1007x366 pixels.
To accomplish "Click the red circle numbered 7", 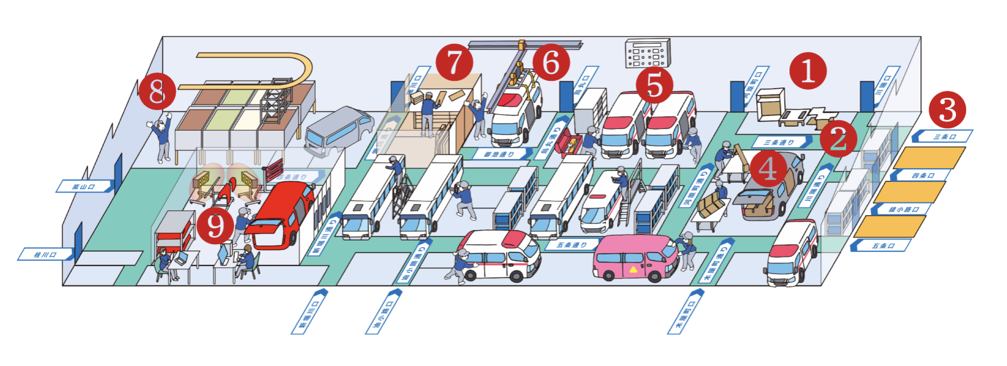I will point(454,62).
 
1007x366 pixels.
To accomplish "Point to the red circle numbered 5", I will point(654,85).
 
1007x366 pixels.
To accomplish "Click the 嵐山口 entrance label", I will point(84,187).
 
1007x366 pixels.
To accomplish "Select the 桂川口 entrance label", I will point(45,255).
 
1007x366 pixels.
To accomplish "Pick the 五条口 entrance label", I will point(882,245).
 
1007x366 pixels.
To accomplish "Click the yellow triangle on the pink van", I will point(633,270).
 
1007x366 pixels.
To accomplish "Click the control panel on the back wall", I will point(647,53).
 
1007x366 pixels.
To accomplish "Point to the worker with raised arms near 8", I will point(162,138).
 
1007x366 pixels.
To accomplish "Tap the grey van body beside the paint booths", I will point(338,131).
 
